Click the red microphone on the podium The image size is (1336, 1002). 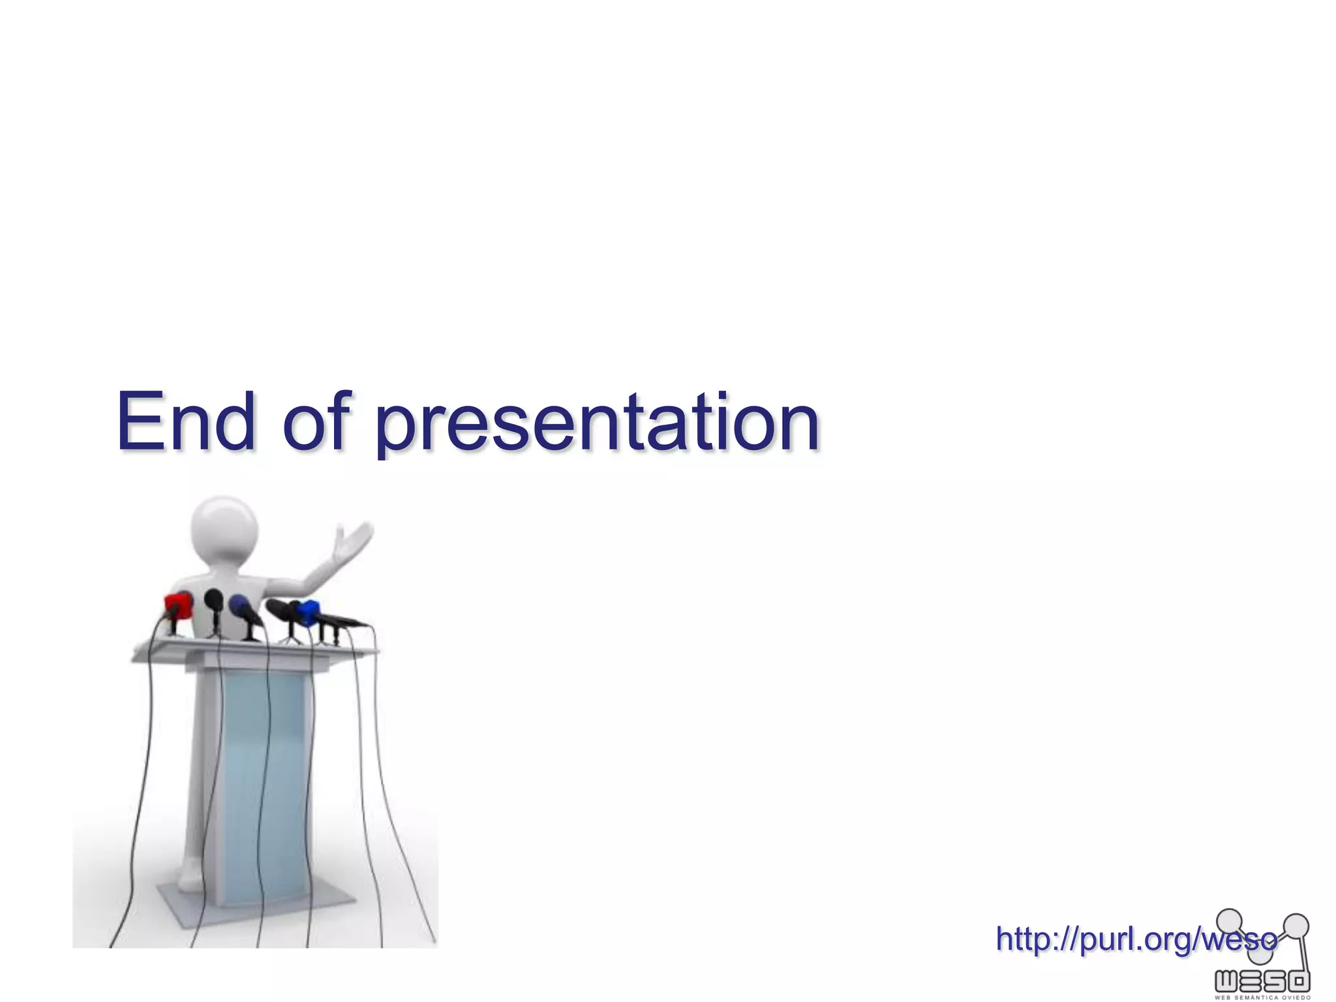click(x=177, y=605)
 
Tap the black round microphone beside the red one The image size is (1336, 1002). click(x=213, y=600)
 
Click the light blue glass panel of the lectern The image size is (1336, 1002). click(x=264, y=783)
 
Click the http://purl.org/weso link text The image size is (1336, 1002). click(x=1135, y=939)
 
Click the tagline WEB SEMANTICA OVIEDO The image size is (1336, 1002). click(x=1262, y=997)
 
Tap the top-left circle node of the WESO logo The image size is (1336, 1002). click(x=1230, y=920)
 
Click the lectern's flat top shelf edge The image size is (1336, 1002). click(x=254, y=650)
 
